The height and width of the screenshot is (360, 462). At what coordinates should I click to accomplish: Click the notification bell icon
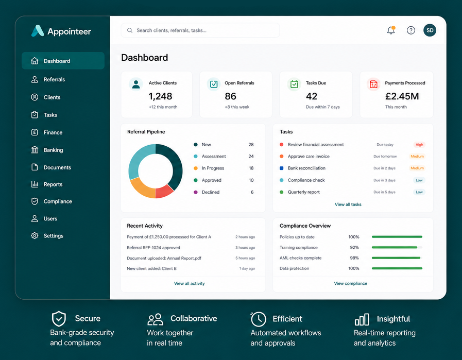click(391, 30)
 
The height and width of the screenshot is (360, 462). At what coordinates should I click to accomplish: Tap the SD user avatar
click(430, 30)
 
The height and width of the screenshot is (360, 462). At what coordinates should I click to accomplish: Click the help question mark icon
click(410, 30)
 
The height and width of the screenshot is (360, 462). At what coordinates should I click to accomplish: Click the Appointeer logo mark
click(38, 31)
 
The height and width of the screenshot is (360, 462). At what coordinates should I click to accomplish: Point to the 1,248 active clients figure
click(160, 96)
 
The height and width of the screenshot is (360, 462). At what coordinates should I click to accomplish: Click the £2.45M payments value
click(402, 96)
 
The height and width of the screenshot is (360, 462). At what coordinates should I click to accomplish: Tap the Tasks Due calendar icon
click(294, 84)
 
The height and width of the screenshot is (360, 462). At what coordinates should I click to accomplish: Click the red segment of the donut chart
click(164, 192)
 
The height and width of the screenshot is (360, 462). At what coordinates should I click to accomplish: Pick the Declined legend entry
click(210, 192)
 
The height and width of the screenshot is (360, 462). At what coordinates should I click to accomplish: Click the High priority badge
click(419, 145)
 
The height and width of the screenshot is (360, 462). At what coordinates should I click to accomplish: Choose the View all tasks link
click(348, 204)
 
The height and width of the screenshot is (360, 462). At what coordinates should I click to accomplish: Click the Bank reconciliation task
click(306, 168)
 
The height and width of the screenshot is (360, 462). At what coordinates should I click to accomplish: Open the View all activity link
click(189, 283)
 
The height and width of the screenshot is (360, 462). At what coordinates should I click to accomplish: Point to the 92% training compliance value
click(354, 247)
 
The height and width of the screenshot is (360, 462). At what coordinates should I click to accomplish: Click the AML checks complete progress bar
click(397, 258)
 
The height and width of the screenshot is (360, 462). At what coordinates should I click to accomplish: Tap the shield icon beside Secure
click(59, 319)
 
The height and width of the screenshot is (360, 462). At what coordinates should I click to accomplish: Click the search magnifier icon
click(130, 30)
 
